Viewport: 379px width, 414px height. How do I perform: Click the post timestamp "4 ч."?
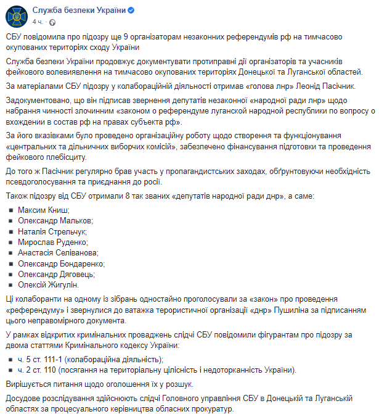(37, 21)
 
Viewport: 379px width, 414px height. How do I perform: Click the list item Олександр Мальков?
(55, 220)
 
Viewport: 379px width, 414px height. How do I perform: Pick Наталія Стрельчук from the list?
(52, 231)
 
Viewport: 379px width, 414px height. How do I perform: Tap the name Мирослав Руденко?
(51, 242)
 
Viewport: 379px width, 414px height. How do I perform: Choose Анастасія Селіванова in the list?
(57, 252)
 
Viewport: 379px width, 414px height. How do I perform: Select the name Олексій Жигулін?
(48, 284)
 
